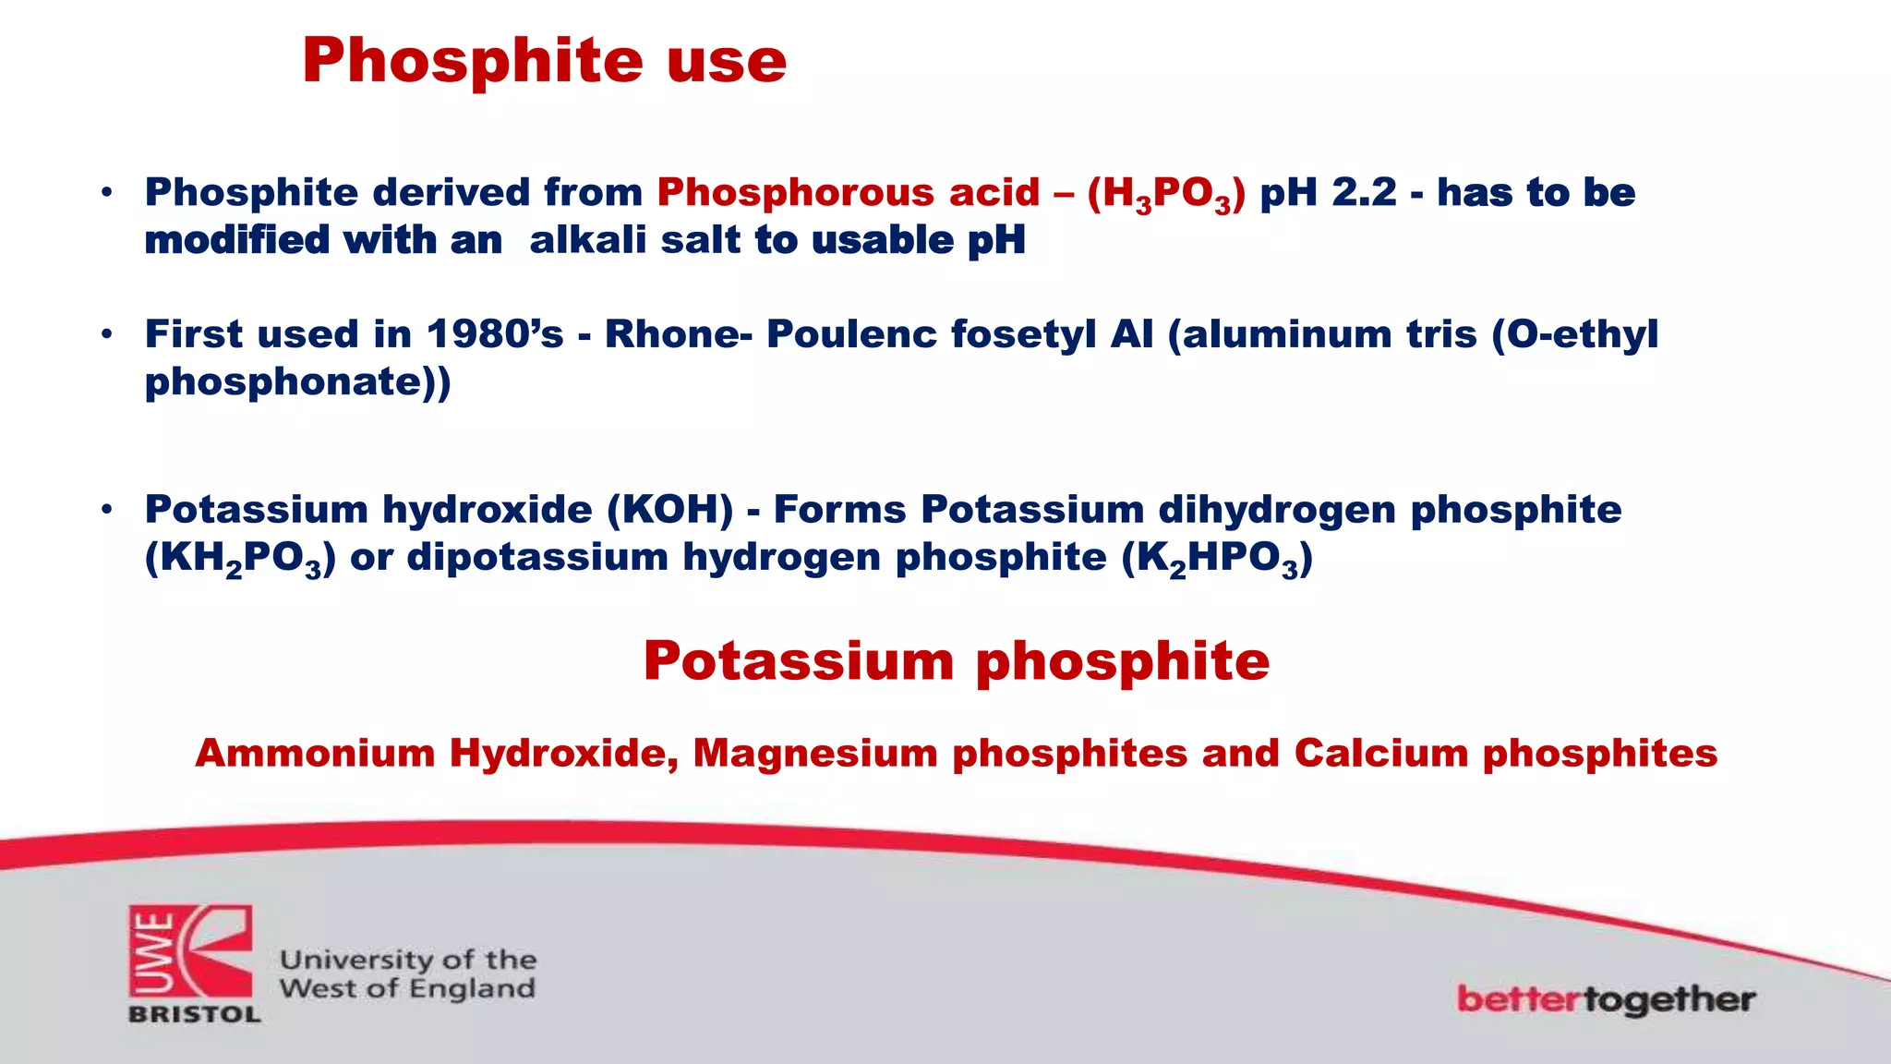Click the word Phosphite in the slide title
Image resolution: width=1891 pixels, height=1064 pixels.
471,63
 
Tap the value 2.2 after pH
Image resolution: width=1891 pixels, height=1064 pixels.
1364,193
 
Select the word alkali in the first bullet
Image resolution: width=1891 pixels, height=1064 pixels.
587,240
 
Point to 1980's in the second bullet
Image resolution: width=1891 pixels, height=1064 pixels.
495,334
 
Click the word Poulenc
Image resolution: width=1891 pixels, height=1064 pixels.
851,334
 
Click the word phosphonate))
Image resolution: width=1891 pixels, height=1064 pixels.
297,382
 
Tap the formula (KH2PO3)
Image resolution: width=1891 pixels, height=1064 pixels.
240,559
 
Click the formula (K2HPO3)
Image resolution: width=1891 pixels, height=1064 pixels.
1216,559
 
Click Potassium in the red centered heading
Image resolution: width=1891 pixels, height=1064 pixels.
799,662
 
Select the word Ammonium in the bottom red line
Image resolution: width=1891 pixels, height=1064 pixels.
315,754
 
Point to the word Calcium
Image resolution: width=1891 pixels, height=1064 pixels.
1380,754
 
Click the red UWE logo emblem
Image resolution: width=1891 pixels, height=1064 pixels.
190,951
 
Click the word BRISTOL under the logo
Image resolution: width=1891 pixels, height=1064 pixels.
194,1014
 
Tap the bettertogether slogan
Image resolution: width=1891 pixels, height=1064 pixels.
1605,999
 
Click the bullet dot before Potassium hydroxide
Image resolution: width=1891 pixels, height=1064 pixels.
107,509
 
